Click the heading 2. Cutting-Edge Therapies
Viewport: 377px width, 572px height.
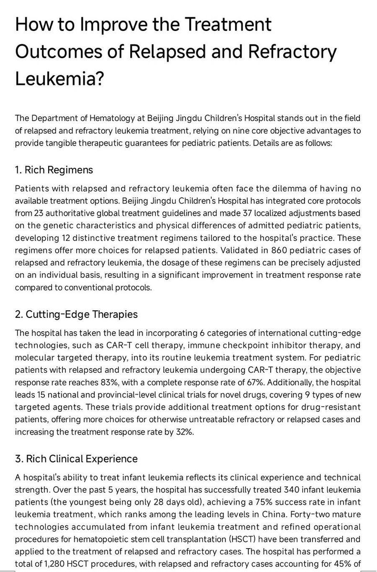76,314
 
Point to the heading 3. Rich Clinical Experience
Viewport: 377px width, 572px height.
77,459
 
